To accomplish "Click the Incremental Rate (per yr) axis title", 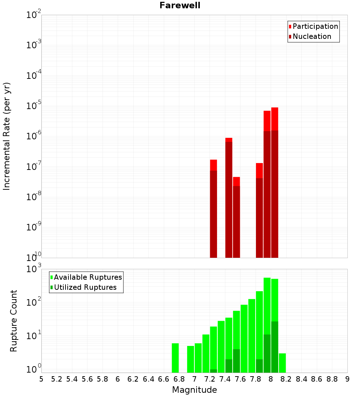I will click(x=7, y=136).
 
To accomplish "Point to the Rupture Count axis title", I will click(x=14, y=321).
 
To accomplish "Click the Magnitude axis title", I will click(x=194, y=390).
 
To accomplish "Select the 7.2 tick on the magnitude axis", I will click(x=210, y=379).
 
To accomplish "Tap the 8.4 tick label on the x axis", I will click(x=301, y=379).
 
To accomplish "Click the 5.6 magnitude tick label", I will click(x=87, y=379).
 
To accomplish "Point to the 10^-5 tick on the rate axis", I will click(x=34, y=106).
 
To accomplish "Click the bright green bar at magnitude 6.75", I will click(x=175, y=358).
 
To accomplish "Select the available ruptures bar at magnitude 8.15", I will click(x=282, y=363).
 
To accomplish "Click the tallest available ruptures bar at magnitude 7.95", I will click(x=267, y=306).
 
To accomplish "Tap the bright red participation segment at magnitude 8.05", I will click(x=275, y=119).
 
